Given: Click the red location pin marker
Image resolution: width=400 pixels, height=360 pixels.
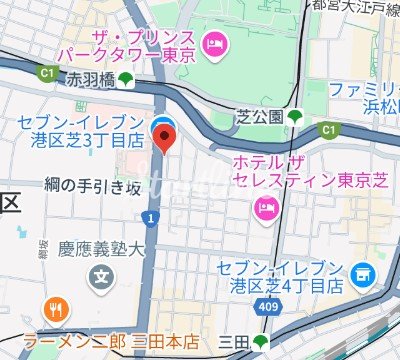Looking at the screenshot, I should coord(164,133).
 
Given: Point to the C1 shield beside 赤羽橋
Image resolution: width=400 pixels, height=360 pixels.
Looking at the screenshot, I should coord(45,72).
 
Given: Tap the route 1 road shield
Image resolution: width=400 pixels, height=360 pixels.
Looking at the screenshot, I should coord(149,216).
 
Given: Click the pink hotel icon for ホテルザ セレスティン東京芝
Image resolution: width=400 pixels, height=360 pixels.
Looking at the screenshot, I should coord(266,207).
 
